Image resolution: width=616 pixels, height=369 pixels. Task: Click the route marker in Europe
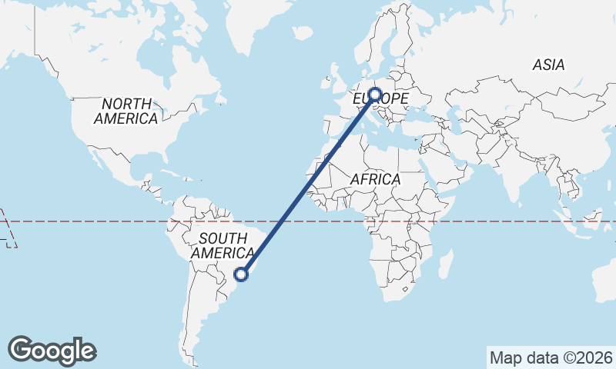376,95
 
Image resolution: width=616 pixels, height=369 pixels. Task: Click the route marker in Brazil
241,274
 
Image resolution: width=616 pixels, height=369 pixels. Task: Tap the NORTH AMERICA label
126,111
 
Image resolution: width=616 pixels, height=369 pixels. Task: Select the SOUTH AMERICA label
223,245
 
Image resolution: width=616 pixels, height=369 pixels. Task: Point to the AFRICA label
376,179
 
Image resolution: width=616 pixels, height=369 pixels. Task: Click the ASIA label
548,65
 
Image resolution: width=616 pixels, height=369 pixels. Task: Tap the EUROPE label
380,100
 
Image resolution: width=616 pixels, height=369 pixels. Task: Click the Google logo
52,351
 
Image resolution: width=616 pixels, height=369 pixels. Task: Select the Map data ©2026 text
551,357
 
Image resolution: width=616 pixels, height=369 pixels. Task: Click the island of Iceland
303,32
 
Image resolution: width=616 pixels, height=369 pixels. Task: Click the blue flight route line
308,184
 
